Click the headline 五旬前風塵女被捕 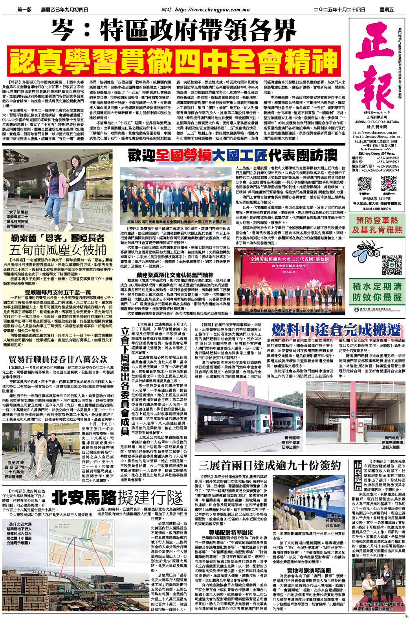[x=58, y=250]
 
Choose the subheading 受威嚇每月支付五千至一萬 [x=58, y=292]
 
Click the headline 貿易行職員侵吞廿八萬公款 [x=58, y=359]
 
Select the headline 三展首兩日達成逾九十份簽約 [x=270, y=465]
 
